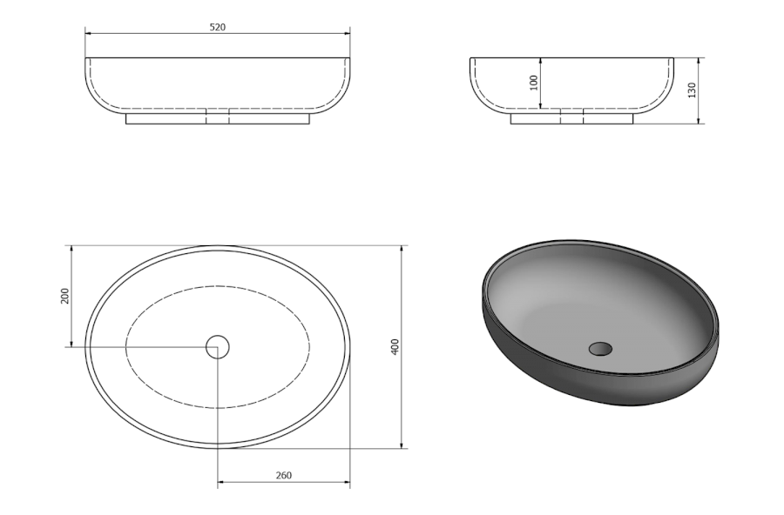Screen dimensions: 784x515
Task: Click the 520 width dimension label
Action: point(218,27)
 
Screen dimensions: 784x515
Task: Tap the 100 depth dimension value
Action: point(533,83)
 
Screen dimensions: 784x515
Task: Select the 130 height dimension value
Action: point(692,90)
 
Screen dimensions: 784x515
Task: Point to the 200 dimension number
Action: point(64,296)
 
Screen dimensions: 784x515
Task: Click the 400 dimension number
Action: point(395,346)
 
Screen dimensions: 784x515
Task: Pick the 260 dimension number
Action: point(283,475)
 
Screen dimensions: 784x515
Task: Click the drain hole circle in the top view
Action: point(218,346)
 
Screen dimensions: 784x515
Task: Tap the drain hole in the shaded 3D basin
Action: point(600,349)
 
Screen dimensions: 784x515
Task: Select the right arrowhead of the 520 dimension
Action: point(347,33)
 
